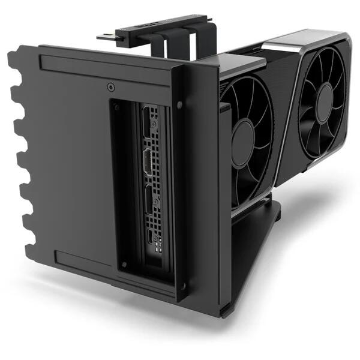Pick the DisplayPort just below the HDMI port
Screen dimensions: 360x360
coord(150,201)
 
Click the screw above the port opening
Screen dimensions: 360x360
coord(110,88)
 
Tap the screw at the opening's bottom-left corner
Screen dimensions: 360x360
coord(124,265)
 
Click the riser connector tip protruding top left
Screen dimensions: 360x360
coord(102,37)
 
